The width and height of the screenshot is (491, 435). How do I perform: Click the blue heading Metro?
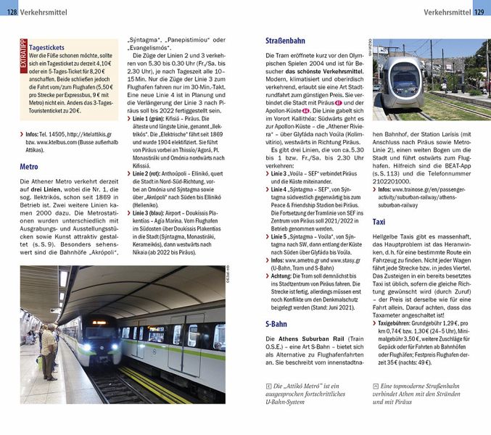[x=29, y=167]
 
